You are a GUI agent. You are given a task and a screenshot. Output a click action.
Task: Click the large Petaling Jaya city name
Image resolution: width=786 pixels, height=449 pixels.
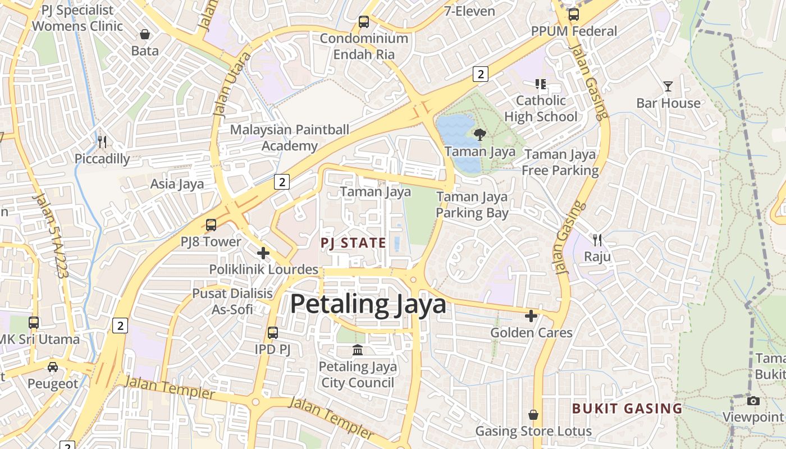click(x=368, y=304)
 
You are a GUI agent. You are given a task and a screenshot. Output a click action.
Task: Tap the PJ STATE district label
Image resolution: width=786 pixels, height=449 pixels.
click(x=353, y=243)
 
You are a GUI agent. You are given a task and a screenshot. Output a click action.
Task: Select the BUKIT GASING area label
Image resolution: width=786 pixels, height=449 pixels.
click(x=627, y=409)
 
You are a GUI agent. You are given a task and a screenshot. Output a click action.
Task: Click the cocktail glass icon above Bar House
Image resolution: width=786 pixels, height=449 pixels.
click(x=668, y=86)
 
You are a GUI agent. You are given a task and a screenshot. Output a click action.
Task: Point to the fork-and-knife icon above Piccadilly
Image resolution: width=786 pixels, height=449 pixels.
click(x=102, y=141)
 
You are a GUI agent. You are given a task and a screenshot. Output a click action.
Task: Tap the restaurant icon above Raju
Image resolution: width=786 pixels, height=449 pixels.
click(x=597, y=240)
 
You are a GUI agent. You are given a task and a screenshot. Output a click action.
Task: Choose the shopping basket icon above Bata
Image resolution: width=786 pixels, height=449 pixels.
click(x=145, y=34)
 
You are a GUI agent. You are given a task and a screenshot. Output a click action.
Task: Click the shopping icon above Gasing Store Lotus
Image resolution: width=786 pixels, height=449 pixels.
click(x=533, y=415)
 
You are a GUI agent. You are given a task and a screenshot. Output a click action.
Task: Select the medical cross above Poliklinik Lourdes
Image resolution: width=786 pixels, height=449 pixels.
click(x=263, y=253)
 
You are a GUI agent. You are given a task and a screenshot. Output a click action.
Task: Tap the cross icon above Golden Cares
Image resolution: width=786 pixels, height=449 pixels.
click(x=531, y=316)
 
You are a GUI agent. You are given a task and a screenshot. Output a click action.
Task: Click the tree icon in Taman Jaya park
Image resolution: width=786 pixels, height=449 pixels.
click(x=479, y=135)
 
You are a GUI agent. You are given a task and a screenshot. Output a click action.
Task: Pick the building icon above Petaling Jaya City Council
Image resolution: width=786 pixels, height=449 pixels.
click(x=358, y=351)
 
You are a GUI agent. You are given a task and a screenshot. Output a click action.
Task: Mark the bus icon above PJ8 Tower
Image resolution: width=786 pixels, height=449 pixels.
click(x=211, y=225)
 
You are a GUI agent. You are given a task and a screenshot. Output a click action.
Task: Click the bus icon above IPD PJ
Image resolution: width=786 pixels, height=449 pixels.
click(x=273, y=333)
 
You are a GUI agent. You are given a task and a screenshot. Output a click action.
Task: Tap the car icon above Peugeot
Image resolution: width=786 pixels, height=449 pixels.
click(x=53, y=367)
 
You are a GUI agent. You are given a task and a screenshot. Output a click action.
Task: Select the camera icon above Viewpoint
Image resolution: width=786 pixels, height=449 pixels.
click(x=753, y=401)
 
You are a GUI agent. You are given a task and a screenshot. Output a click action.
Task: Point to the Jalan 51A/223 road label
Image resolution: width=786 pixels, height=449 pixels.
click(x=51, y=236)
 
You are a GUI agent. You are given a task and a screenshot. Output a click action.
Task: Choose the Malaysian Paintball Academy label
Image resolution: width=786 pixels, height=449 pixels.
click(x=290, y=138)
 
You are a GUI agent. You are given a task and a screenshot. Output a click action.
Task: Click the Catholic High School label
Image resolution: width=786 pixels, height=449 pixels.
click(x=541, y=108)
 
